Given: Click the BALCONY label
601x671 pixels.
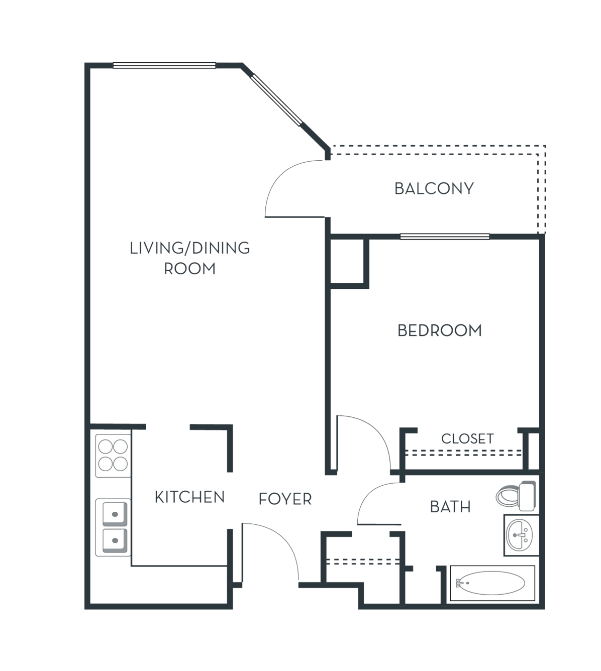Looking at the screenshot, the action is point(434,188).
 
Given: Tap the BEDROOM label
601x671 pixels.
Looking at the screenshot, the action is point(440,330).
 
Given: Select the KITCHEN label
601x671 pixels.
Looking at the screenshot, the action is point(190,497).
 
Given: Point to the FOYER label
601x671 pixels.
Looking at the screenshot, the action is point(285,499).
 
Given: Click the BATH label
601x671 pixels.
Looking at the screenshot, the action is point(450,507).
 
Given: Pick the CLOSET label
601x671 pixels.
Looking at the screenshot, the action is point(467,438).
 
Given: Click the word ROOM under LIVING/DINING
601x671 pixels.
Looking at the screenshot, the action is point(190,269).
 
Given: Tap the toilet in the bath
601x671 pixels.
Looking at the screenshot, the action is point(516,496).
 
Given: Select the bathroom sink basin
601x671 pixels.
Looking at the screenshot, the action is point(520,535).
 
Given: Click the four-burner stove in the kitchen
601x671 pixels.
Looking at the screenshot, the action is point(113,456).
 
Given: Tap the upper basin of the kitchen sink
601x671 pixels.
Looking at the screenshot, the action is point(115,514).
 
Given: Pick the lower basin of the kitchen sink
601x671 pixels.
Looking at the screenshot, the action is point(115,540).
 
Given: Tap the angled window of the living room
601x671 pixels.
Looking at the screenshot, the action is point(276,99).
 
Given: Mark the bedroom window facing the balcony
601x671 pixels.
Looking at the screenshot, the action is point(445,237).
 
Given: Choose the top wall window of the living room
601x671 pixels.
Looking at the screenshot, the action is point(164,65).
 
